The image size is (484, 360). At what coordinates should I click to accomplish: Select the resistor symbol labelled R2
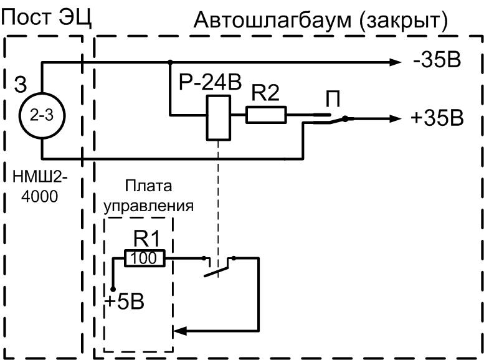[266, 115]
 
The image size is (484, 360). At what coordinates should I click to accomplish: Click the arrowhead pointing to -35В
[395, 62]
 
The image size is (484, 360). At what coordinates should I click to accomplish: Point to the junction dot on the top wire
[170, 62]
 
